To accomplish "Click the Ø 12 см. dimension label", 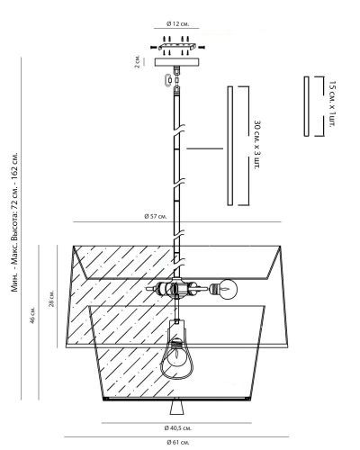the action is point(178,23).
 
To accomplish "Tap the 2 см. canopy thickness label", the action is point(137,61).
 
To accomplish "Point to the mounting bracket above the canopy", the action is point(177,47).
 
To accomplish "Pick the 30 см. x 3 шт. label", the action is point(257,145).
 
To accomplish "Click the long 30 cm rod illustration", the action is point(230,146).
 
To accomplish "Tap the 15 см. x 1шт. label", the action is point(332,103).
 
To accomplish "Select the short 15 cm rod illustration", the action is point(306,106).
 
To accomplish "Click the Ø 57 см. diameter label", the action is point(156,216).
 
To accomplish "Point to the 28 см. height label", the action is point(52,299).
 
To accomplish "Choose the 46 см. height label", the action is point(32,315).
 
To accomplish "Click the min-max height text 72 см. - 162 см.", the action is point(14,191).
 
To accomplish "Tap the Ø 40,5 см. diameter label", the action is point(178,428).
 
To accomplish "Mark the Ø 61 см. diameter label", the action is point(178,442).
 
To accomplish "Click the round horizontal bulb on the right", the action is point(228,289).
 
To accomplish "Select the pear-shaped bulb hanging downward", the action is point(176,357).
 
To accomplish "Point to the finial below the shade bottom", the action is point(177,407).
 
